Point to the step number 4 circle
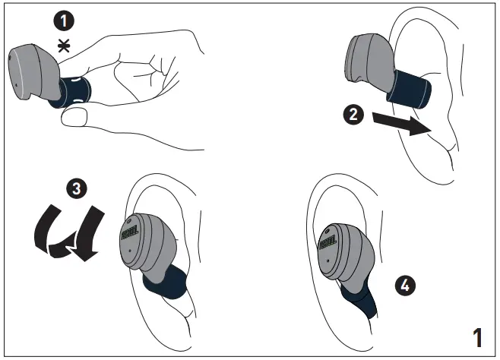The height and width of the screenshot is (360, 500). coord(406,286)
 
